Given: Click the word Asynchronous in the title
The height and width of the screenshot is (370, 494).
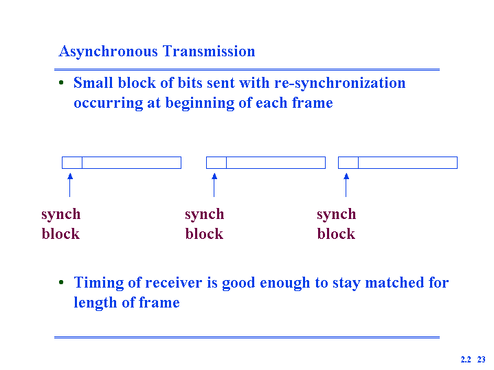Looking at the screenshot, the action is tap(108, 51).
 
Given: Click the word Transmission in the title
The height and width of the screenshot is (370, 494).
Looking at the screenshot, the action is tap(209, 51).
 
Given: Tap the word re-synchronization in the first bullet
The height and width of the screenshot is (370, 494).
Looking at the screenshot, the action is tap(340, 84).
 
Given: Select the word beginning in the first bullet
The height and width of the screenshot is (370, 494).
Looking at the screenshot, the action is tap(200, 104).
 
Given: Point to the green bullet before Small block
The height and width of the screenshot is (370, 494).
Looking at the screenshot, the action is tap(61, 83).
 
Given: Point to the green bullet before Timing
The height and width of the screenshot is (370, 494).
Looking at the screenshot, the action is tap(61, 282).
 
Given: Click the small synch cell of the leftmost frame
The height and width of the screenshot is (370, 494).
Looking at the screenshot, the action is tap(72, 163).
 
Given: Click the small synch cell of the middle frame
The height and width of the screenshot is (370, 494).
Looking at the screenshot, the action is tap(216, 163).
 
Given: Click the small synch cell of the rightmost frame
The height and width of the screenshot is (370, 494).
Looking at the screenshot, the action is tap(348, 163).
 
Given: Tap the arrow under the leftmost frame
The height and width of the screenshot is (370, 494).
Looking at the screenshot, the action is tap(70, 185).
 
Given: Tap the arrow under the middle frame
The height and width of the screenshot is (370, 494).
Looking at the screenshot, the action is tap(214, 185).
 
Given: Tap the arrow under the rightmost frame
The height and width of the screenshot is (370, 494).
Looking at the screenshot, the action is tap(346, 185).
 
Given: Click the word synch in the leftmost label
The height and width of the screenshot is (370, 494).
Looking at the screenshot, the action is tap(61, 215).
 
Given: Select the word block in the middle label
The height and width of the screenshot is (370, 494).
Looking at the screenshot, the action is tap(204, 234).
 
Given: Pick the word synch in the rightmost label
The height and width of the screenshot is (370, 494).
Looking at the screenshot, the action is tap(337, 215).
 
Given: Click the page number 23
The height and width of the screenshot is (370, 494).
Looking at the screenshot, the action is tap(482, 360).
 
